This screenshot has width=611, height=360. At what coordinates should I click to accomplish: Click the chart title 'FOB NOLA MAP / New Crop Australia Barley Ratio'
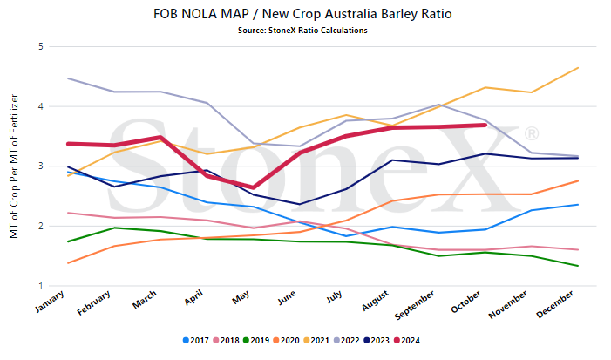302,14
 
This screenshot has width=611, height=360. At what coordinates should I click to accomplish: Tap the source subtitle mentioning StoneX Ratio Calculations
302,31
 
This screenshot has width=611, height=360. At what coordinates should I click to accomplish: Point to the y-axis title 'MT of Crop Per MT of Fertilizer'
14,166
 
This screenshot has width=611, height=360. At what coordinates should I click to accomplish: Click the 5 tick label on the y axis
40,47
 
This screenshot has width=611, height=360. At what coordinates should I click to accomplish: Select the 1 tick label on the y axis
41,286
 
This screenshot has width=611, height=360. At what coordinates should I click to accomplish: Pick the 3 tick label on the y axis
40,166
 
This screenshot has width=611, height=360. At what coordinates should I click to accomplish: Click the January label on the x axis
50,302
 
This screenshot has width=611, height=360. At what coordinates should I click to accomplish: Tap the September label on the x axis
415,305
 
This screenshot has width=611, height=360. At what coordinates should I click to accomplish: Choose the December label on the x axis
555,304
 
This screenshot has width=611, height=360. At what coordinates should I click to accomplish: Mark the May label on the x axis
241,297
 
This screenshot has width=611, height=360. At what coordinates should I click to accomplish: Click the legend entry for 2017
196,341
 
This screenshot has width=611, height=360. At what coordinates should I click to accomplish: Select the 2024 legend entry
407,341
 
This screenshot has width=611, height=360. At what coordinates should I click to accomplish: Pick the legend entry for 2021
316,341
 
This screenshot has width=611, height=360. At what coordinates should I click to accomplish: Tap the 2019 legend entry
256,341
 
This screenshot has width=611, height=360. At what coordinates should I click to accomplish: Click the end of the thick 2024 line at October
485,125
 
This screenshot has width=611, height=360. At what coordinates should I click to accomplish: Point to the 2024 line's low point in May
254,187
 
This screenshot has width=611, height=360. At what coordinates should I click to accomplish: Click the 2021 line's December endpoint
578,68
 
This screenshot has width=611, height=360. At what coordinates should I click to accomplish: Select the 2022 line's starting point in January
68,78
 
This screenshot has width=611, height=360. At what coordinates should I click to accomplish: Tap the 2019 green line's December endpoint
578,266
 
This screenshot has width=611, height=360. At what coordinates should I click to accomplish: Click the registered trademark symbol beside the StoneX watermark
532,133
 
